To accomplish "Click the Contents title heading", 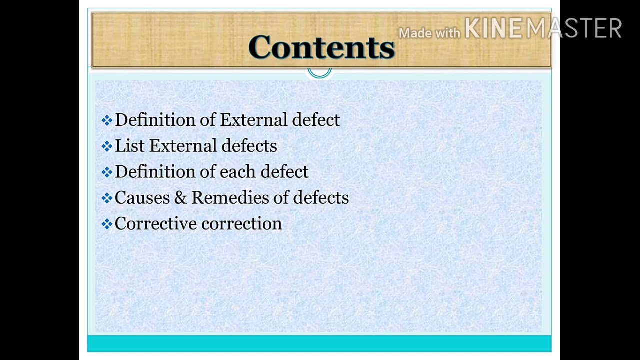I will (321, 47).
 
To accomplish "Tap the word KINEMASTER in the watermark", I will (543, 28).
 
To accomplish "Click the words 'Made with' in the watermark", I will (429, 33).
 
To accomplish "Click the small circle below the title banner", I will (319, 72).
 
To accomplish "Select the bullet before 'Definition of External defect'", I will (107, 120).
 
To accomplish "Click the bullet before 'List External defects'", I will (107, 146).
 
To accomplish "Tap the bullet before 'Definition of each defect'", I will (107, 172).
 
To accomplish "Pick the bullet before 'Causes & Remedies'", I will (107, 198).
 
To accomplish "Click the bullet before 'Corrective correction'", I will (107, 224).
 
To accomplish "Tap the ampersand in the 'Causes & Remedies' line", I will (179, 198).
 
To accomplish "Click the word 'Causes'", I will (142, 198).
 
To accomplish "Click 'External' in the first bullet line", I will (253, 120).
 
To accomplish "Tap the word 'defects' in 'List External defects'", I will (249, 146).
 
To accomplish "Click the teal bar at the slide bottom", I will (319, 343).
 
